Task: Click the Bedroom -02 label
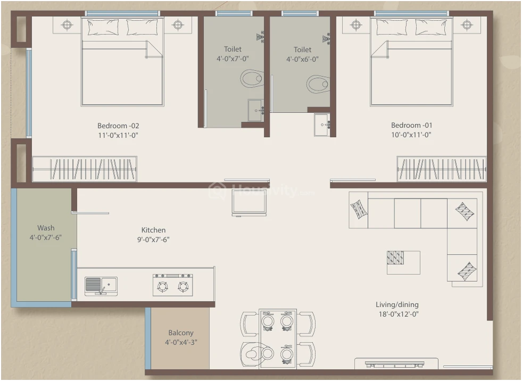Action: [118, 126]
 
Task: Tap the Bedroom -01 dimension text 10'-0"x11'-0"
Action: [411, 135]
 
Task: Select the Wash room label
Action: [46, 228]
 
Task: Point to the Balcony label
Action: [181, 333]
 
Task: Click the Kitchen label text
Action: [153, 230]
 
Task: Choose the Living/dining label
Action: [397, 304]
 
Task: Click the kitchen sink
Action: [101, 286]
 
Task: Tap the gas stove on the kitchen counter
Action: [172, 285]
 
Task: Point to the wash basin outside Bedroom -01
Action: [322, 125]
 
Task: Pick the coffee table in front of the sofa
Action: [403, 263]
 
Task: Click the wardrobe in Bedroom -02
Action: [85, 169]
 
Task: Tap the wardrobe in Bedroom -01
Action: [442, 169]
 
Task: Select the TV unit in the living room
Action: [396, 363]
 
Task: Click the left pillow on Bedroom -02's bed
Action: [103, 27]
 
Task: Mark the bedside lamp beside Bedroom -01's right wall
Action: [467, 24]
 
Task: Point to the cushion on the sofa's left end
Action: [359, 209]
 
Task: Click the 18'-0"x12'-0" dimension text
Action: [399, 314]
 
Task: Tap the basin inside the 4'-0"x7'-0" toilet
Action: [256, 110]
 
